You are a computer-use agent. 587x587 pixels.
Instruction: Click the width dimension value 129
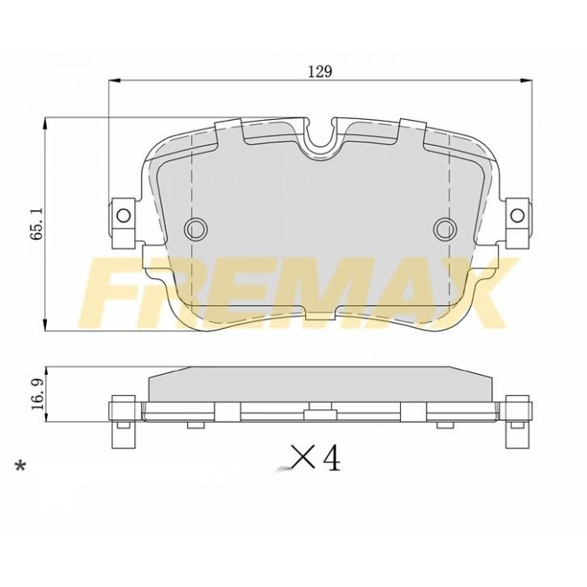(319, 71)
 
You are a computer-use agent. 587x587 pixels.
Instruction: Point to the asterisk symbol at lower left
(21, 467)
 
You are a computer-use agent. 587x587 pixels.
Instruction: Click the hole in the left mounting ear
(123, 215)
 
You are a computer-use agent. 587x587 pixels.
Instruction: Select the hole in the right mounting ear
(517, 215)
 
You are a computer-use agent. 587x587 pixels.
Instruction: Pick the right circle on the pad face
(444, 227)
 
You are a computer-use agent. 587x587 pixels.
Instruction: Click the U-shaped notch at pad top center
(320, 141)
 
